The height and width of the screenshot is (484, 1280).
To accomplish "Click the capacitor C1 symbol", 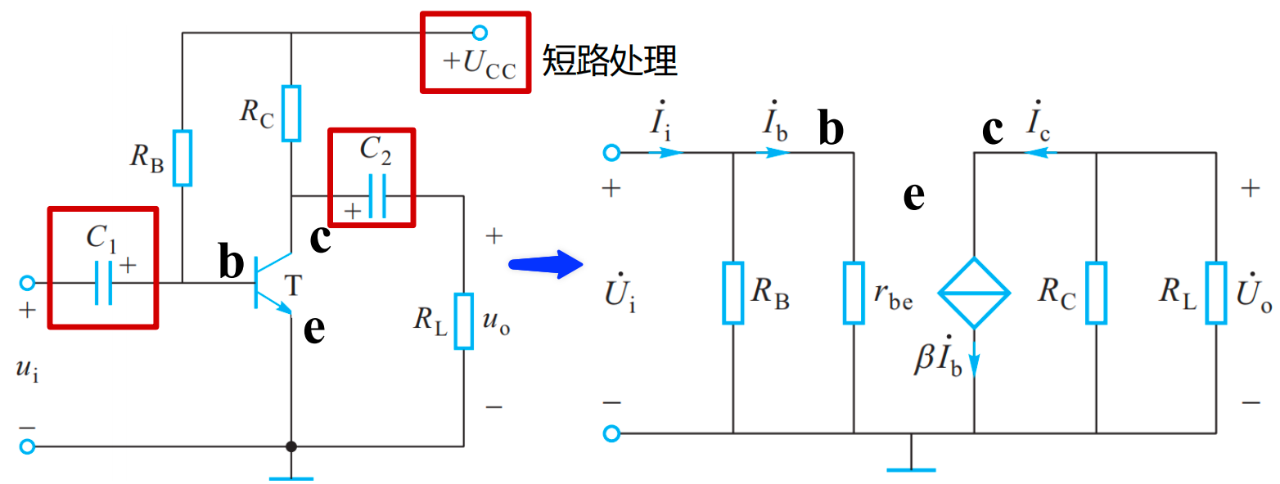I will click(103, 283).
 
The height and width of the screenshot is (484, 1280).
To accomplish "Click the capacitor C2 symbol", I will click(376, 196).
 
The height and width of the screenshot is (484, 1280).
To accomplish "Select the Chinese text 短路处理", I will click(610, 61).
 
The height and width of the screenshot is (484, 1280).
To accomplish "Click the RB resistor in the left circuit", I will click(183, 157).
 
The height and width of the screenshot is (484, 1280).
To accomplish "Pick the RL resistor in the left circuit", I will click(464, 320).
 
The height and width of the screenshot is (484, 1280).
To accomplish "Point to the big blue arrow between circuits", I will click(543, 265).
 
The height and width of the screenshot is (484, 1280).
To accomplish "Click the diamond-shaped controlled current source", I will click(975, 293).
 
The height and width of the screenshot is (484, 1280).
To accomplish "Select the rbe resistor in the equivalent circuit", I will click(854, 293).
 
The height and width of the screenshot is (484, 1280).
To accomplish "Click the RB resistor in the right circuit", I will click(732, 293).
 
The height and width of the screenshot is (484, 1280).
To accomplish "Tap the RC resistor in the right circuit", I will click(1096, 293).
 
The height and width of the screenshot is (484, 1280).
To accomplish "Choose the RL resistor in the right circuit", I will click(1216, 293).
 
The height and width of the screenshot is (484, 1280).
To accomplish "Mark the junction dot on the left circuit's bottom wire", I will click(291, 447).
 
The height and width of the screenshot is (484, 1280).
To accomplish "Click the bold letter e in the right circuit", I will click(913, 197).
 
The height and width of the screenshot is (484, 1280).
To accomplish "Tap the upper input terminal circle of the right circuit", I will click(611, 152).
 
